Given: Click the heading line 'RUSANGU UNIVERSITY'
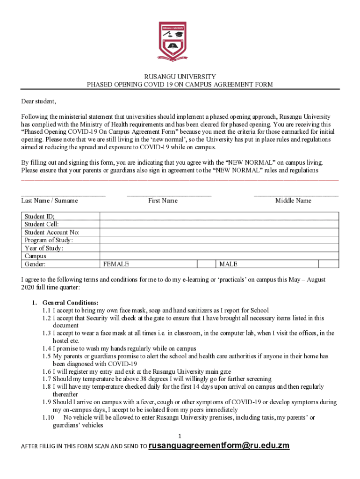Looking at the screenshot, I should [180, 77].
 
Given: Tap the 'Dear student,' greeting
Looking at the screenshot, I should [39, 102].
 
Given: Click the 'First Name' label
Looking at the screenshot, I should [163, 201].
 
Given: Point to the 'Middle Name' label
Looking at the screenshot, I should [293, 201].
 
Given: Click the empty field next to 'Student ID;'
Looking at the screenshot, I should [219, 216].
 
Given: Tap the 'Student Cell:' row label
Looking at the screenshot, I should [42, 224].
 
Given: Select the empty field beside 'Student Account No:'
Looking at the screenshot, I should [219, 232].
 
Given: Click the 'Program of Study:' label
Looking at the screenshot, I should [49, 240].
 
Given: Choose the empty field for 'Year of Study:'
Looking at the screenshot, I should [219, 248].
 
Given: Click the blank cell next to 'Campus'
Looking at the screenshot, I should [219, 256].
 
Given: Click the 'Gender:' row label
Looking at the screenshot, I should [35, 264].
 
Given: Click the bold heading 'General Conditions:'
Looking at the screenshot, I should [70, 303].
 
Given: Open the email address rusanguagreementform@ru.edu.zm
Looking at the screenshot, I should [219, 446].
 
